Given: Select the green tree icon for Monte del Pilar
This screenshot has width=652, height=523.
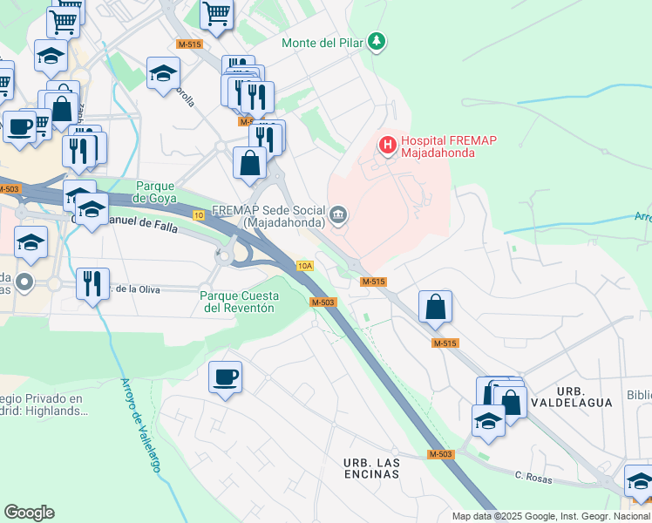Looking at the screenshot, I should [377, 41].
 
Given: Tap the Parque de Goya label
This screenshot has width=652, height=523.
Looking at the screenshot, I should [157, 191].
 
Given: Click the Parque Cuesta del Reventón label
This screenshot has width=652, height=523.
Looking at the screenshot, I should [237, 302].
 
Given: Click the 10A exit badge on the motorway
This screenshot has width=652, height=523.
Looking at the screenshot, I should [304, 266].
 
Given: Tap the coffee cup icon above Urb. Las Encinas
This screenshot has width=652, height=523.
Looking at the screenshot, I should [225, 377].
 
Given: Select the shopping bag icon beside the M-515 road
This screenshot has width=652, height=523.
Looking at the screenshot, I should [435, 307].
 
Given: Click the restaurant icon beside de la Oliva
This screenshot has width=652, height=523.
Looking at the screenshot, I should [92, 283].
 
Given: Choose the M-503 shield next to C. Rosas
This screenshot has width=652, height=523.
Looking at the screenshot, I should [440, 454].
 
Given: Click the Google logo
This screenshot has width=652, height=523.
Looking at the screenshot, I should [29, 513].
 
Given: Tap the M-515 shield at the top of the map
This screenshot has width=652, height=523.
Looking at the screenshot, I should [188, 44].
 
